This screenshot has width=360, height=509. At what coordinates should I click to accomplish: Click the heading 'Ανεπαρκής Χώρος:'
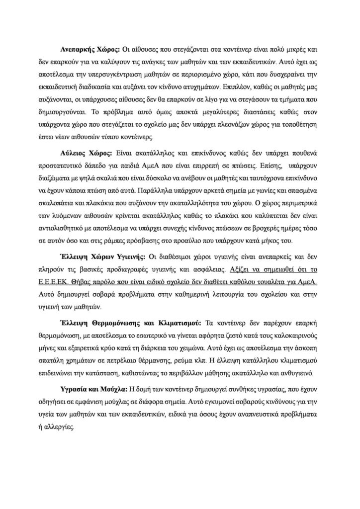(90, 51)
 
